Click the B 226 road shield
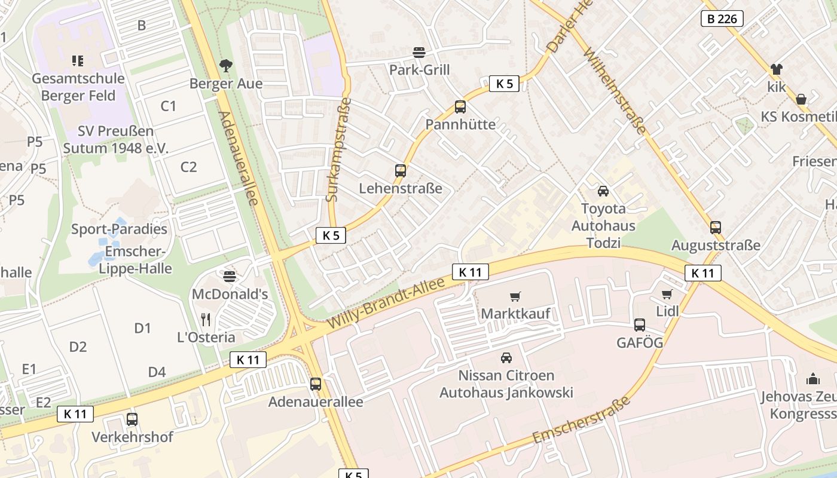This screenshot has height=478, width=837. point(722,19)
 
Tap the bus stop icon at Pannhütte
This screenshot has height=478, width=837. point(460,107)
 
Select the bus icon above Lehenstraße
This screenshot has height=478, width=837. point(401,171)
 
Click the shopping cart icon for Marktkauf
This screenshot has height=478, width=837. point(515,296)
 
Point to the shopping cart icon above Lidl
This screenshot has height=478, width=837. point(667,294)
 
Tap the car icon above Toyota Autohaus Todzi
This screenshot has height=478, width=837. point(603,191)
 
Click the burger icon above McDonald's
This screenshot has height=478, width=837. point(230,276)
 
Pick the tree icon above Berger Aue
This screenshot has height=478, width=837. point(226,65)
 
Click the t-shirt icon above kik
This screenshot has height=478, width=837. point(776,69)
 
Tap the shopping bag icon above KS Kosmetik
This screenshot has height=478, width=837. point(801,99)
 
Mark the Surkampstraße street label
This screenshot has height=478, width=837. point(339,149)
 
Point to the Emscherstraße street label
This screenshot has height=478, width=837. point(582,420)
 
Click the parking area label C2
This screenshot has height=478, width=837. point(188,167)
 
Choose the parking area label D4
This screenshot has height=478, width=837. point(157,372)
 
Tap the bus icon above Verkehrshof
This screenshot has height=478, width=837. point(132,419)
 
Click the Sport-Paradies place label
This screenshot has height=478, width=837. point(119,229)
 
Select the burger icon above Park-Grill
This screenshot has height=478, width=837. point(419,52)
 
